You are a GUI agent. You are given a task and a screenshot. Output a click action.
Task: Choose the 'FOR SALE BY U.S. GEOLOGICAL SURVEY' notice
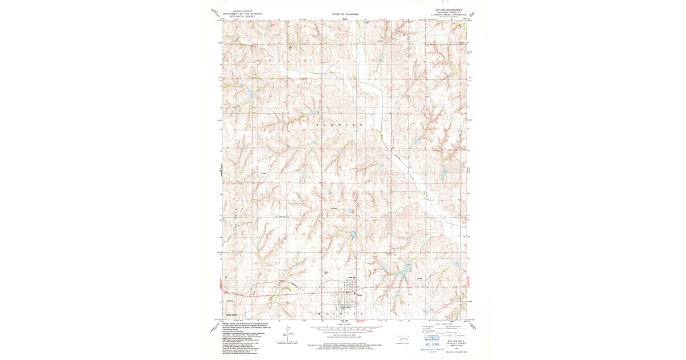pyautogui.click(x=343, y=345)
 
